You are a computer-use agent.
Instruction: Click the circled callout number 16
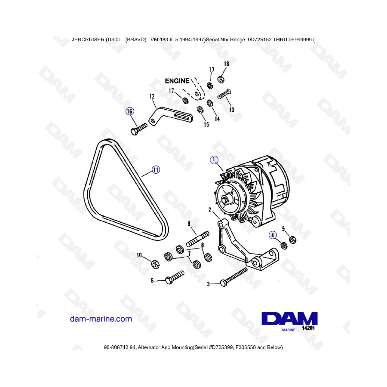129,111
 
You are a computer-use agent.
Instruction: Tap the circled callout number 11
156,170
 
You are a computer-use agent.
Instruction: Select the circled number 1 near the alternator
214,160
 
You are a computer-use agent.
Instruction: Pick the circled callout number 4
273,235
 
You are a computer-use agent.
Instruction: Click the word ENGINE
177,81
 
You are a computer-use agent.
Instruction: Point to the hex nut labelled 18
221,79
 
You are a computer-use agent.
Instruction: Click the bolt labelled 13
224,94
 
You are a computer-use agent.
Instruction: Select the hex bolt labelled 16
138,129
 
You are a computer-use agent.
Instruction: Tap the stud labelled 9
198,239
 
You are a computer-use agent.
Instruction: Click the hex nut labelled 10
155,264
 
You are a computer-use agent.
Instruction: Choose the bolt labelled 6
175,277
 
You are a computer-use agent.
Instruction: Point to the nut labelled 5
292,240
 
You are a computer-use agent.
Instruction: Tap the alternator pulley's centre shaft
225,199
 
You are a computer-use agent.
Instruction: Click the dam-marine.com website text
101,319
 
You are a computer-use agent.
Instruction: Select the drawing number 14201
308,328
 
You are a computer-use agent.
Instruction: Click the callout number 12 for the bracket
152,96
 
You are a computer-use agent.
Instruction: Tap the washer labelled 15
200,110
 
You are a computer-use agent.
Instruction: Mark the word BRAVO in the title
136,40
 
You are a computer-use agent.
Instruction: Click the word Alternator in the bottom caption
149,347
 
